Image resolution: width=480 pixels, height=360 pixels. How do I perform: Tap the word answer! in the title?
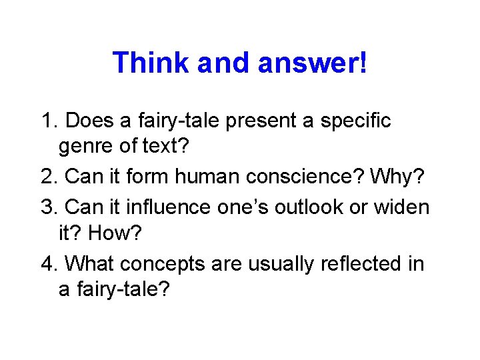click(311, 63)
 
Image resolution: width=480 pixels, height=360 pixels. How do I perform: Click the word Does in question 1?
click(91, 121)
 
